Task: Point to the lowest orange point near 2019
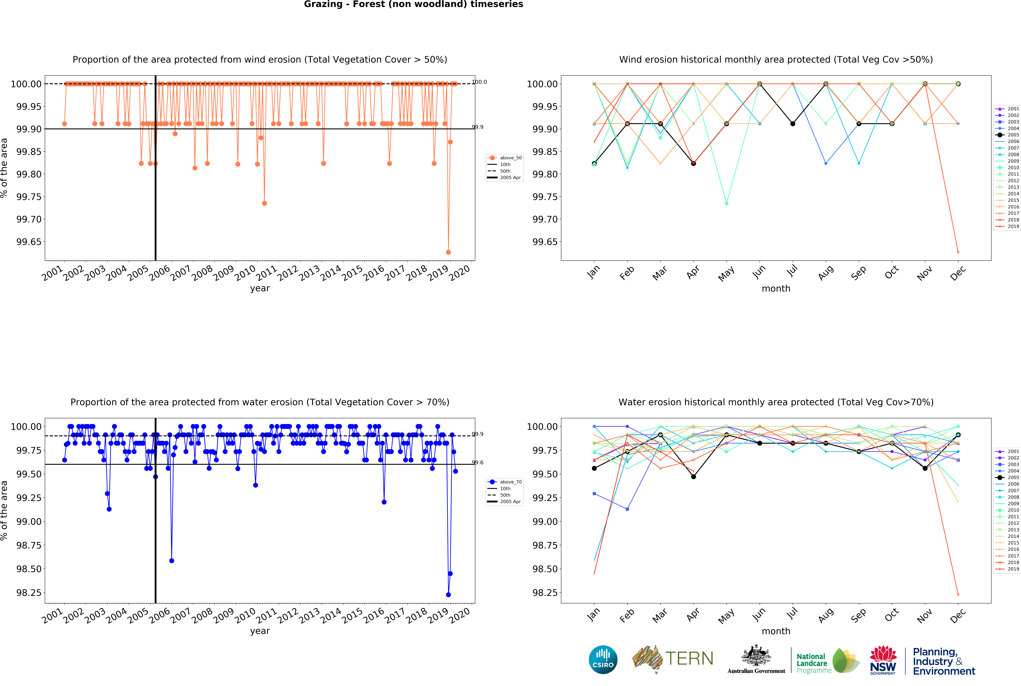[x=448, y=252]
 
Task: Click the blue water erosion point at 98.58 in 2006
[x=172, y=560]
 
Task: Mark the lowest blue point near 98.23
[x=448, y=595]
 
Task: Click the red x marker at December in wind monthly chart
[x=958, y=252]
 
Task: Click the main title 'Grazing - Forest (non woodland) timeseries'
[x=413, y=4]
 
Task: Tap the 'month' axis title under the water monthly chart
[x=776, y=631]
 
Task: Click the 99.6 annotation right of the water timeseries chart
[x=478, y=462]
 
